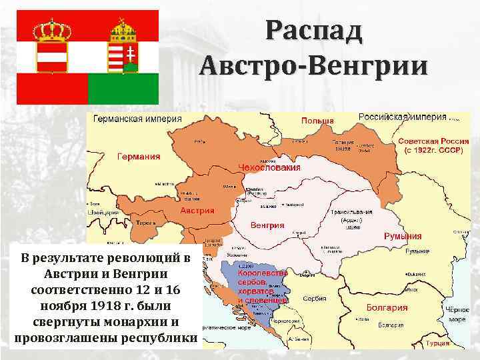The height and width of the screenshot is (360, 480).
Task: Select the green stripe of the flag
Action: click(x=123, y=88)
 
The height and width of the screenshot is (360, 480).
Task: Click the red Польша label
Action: click(x=317, y=121)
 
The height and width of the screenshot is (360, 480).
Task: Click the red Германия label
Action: click(x=139, y=157)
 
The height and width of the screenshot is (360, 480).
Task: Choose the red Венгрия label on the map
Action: click(x=267, y=225)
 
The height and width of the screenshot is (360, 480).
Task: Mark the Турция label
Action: click(x=456, y=343)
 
